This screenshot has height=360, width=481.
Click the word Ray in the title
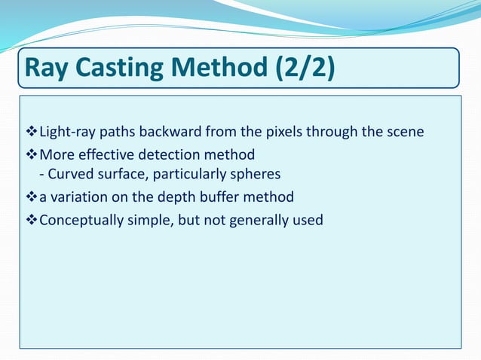44,69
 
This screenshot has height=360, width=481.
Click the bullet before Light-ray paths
32,133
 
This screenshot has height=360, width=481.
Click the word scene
405,133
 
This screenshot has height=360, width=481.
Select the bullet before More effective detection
32,154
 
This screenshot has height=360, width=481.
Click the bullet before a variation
32,197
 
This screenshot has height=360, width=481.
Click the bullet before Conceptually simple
32,220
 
